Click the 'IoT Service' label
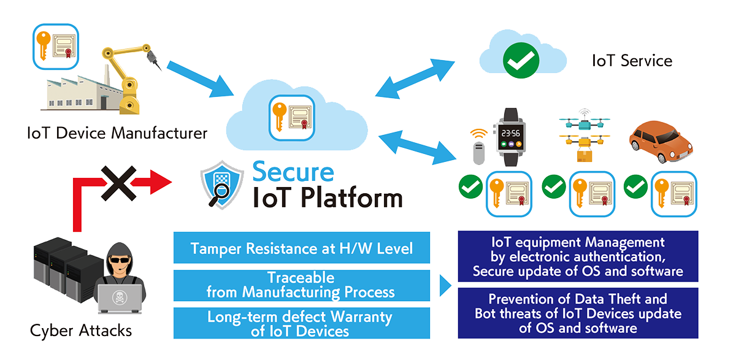(x=632, y=61)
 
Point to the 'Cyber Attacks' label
(x=81, y=331)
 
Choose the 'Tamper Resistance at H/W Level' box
(x=302, y=248)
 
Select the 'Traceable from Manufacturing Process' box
(x=302, y=285)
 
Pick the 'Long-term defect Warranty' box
(x=302, y=324)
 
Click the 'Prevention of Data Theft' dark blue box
(x=578, y=313)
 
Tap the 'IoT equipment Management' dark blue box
(x=578, y=256)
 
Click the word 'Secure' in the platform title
(x=293, y=172)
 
